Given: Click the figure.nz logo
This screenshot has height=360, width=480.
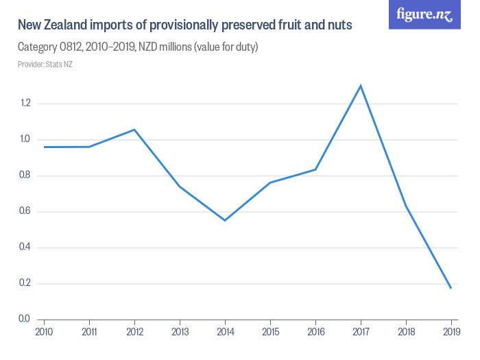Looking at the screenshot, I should pyautogui.click(x=424, y=15).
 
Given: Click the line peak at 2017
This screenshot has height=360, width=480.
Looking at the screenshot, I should pyautogui.click(x=361, y=86).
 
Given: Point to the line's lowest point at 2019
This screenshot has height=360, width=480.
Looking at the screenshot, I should pyautogui.click(x=451, y=287).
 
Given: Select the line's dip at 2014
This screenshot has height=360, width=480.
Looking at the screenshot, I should pyautogui.click(x=225, y=220).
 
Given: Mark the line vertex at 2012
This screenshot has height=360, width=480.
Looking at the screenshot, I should pyautogui.click(x=134, y=130).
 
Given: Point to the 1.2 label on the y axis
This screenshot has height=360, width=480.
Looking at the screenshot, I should pyautogui.click(x=25, y=104).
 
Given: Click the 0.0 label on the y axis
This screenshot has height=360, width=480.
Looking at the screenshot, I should pyautogui.click(x=25, y=319).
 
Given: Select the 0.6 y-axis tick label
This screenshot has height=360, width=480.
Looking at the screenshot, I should pyautogui.click(x=25, y=211).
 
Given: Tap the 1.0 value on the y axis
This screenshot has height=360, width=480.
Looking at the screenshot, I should pyautogui.click(x=25, y=139).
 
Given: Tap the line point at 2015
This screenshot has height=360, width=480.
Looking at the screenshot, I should pyautogui.click(x=270, y=182).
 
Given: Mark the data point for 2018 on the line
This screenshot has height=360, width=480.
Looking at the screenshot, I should pyautogui.click(x=406, y=205).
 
